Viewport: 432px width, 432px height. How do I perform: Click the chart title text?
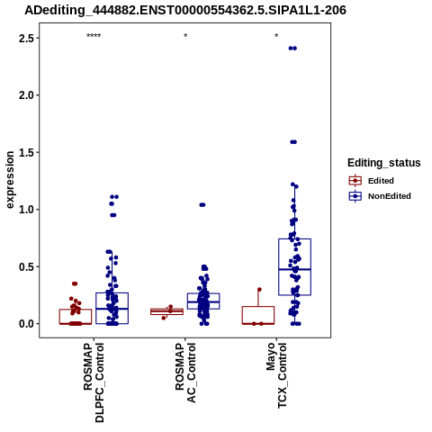click(185, 10)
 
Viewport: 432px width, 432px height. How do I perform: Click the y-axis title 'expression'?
click(10, 180)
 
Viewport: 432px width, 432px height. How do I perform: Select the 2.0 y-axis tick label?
click(26, 95)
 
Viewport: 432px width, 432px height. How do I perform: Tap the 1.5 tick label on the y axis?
click(26, 152)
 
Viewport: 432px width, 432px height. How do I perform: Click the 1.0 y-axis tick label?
click(26, 210)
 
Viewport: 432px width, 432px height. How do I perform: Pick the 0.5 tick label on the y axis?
click(26, 266)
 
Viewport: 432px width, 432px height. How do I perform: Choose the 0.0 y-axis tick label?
click(26, 324)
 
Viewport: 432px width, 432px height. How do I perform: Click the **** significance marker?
click(94, 36)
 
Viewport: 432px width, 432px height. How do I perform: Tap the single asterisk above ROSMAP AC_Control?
click(185, 36)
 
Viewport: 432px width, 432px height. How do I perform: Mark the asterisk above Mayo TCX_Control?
click(276, 36)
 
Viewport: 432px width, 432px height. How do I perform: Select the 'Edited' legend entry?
click(372, 181)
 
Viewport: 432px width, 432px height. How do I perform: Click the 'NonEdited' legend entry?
click(380, 196)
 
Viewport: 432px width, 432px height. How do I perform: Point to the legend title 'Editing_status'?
click(384, 163)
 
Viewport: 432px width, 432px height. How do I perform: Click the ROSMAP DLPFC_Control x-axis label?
click(94, 382)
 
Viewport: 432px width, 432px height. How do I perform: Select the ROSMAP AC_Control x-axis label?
click(185, 373)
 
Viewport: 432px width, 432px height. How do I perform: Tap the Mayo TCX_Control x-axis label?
click(276, 375)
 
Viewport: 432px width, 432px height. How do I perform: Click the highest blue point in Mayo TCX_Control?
click(292, 49)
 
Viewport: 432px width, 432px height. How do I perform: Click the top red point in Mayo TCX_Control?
click(259, 290)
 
